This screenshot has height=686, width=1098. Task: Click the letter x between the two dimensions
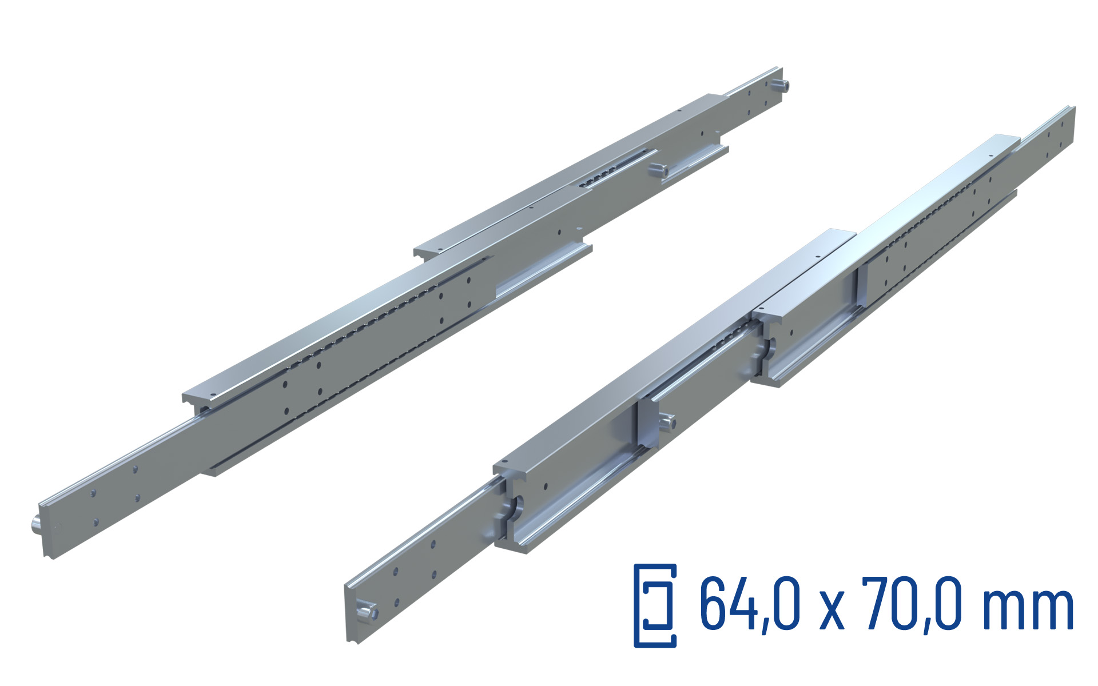click(834, 612)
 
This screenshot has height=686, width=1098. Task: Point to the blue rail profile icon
click(655, 606)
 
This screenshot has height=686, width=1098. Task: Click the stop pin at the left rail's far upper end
click(780, 86)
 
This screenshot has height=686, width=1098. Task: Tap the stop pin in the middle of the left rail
click(658, 169)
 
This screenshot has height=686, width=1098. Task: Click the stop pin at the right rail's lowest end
click(367, 612)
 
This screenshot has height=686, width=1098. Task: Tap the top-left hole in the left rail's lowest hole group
click(93, 492)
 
